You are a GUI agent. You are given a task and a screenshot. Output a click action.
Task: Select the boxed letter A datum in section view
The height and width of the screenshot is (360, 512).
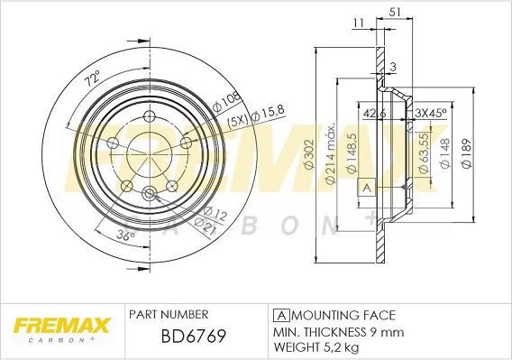click(x=366, y=188)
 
